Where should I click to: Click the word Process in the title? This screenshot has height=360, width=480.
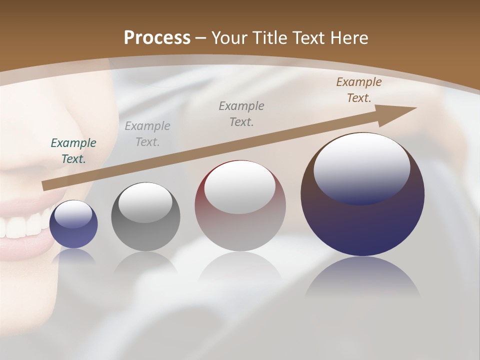[x=157, y=38]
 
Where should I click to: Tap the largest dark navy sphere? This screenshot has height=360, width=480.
[x=362, y=220]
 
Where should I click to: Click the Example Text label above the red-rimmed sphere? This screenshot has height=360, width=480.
[x=241, y=113]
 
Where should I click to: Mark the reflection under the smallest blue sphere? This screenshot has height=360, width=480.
[x=73, y=257]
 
